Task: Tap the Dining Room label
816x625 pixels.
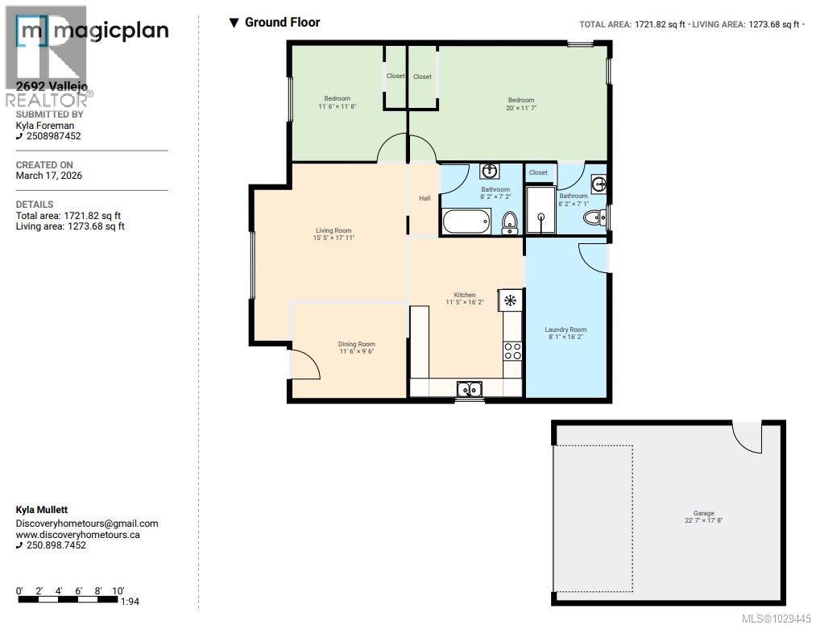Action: (x=356, y=344)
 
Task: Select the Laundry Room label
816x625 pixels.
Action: (x=565, y=329)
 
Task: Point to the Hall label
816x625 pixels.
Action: (x=424, y=198)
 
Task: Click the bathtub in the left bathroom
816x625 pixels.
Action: (x=466, y=220)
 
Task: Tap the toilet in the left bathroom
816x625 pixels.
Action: (x=509, y=221)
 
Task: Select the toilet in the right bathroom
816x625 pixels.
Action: (x=594, y=216)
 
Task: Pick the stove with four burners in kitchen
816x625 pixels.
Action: (x=512, y=350)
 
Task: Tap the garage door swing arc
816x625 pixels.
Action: (x=747, y=437)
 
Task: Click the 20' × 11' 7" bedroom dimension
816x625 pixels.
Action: (x=520, y=108)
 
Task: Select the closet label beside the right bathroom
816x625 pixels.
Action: (x=538, y=172)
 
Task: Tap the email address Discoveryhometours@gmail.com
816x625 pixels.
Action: (x=87, y=524)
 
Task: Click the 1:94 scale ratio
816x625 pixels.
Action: (x=129, y=601)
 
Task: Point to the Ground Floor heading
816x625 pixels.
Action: (x=282, y=23)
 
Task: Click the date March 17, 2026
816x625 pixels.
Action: (x=49, y=176)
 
